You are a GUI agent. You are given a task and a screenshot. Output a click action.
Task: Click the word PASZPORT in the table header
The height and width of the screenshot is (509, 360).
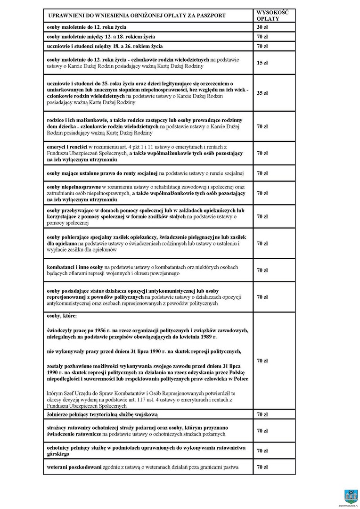[x=211, y=16]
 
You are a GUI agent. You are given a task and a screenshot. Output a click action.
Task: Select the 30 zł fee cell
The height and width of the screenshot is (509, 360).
[x=262, y=27]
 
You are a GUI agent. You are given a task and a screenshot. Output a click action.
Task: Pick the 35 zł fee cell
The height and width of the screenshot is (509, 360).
[x=262, y=93]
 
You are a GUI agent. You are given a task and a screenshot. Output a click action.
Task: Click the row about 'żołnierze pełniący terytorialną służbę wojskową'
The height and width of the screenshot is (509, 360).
[x=102, y=415]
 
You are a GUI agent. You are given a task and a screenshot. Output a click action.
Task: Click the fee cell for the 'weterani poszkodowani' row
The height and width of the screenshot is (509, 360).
[x=262, y=467]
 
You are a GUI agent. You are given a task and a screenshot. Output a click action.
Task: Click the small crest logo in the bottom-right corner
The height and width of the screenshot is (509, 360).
[x=350, y=496]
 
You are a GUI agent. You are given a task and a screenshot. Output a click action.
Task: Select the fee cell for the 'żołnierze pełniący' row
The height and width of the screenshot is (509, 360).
[x=262, y=415]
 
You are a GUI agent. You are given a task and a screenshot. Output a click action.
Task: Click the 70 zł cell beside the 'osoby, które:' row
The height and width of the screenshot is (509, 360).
[x=262, y=361]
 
